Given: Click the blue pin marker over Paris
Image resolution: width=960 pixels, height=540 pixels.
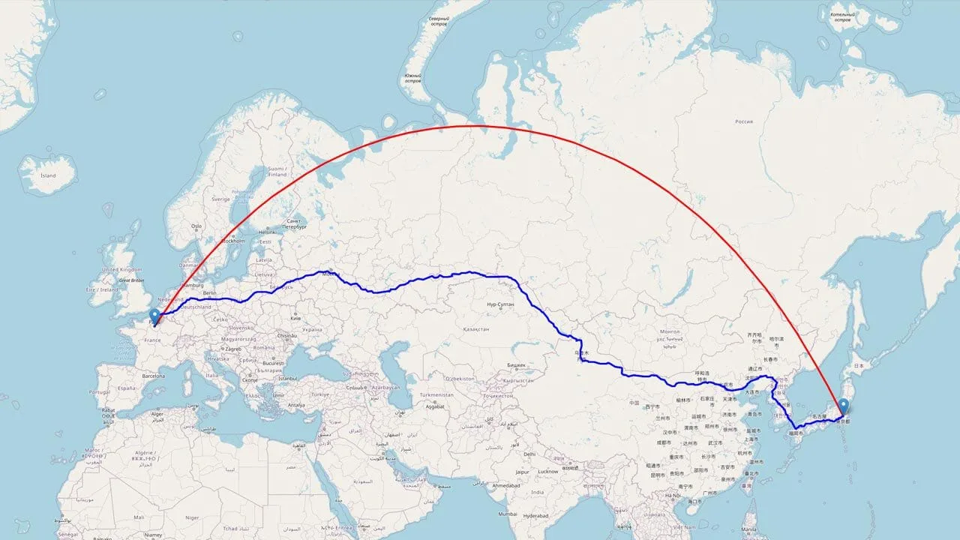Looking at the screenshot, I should pyautogui.click(x=154, y=316).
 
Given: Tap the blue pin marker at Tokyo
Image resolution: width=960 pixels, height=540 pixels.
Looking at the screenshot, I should pyautogui.click(x=844, y=406).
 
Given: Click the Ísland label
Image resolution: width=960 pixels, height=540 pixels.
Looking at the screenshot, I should pyautogui.click(x=48, y=175).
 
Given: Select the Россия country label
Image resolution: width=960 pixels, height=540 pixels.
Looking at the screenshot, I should pyautogui.click(x=743, y=121).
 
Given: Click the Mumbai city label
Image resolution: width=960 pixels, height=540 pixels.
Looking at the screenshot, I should pyautogui.click(x=508, y=514).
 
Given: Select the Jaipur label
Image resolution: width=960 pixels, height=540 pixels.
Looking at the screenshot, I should pyautogui.click(x=524, y=472).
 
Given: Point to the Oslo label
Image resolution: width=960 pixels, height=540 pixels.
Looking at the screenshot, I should pyautogui.click(x=196, y=226).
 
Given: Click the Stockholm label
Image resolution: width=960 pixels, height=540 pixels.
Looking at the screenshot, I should pyautogui.click(x=233, y=241).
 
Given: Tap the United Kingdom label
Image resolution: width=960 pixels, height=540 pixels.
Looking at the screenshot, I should pyautogui.click(x=121, y=269).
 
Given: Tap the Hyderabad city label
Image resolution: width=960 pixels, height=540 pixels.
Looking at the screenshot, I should pyautogui.click(x=536, y=516).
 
